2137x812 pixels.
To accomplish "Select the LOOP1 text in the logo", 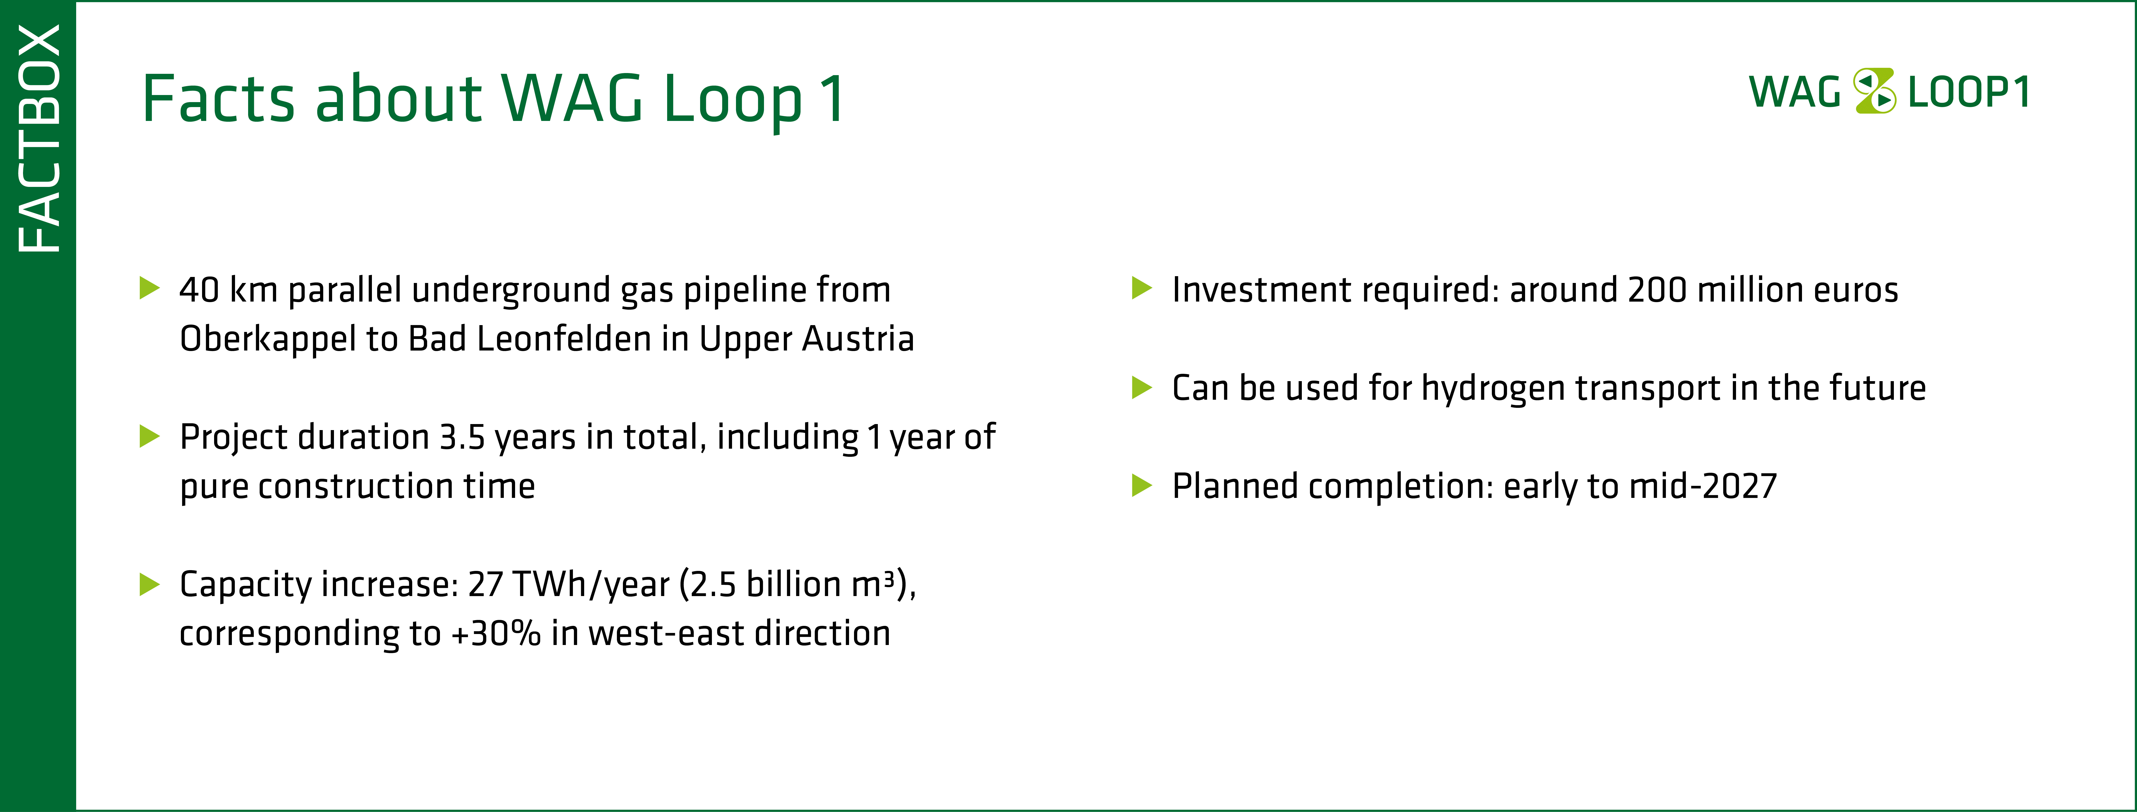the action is click(x=1969, y=92).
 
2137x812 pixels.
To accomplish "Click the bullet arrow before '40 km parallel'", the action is click(x=149, y=289).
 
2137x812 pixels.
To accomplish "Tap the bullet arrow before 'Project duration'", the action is click(x=149, y=436).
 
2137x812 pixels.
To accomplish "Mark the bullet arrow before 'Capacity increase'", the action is click(x=149, y=584).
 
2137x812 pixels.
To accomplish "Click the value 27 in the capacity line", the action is click(x=485, y=584).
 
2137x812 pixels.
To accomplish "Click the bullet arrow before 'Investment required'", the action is click(x=1142, y=289).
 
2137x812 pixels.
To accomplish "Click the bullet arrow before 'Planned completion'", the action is click(x=1142, y=485).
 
